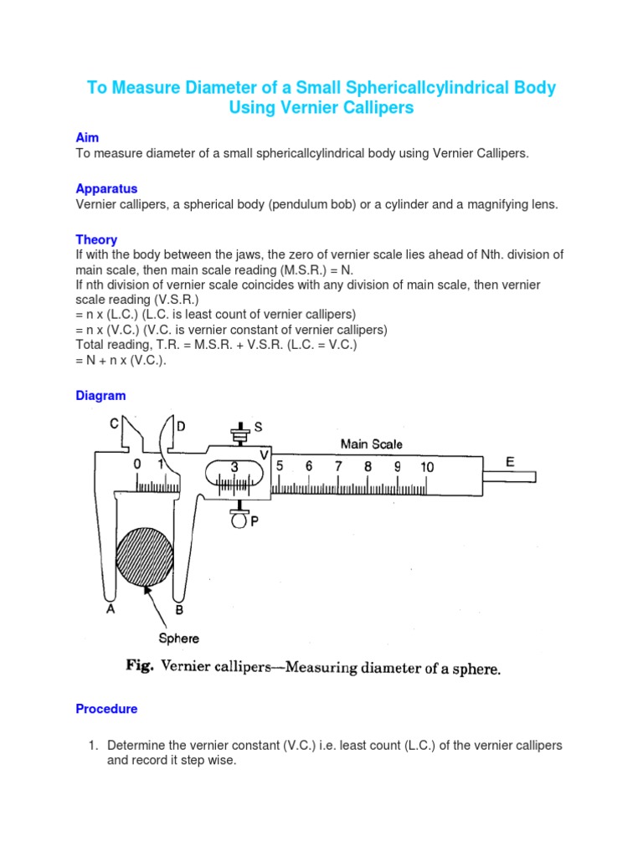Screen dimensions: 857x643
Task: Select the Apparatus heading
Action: (x=106, y=188)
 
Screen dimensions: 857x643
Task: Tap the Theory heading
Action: (x=96, y=239)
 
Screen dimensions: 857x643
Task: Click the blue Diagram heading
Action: (x=100, y=396)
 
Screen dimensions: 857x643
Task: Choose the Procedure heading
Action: (x=106, y=709)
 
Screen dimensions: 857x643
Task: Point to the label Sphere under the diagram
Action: (x=178, y=639)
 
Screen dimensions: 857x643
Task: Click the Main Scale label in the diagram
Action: (x=371, y=444)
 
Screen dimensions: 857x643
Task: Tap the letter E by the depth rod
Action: (x=510, y=462)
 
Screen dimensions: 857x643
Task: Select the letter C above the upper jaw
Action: (x=113, y=424)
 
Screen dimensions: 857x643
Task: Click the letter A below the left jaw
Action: (x=110, y=610)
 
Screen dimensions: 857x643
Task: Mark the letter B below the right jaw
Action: (x=178, y=611)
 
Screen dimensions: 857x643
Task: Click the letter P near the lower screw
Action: (x=254, y=521)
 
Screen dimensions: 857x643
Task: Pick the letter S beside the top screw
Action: (x=258, y=427)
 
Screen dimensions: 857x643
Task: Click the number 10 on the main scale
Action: (x=427, y=467)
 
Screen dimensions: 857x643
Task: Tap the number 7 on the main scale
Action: (x=338, y=466)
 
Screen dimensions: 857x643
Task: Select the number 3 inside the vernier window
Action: (x=234, y=467)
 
